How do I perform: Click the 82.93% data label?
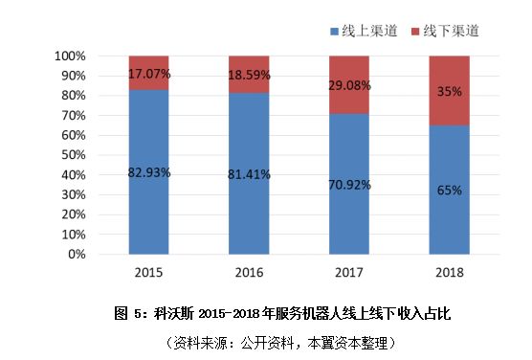(148, 172)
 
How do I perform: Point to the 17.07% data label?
(148, 73)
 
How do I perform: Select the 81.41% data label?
(249, 174)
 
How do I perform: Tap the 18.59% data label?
(249, 75)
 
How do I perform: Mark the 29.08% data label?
(348, 85)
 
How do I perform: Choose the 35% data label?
(449, 91)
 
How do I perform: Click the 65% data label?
(449, 190)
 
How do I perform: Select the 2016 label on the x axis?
(249, 273)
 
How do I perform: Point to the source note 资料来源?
(267, 341)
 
